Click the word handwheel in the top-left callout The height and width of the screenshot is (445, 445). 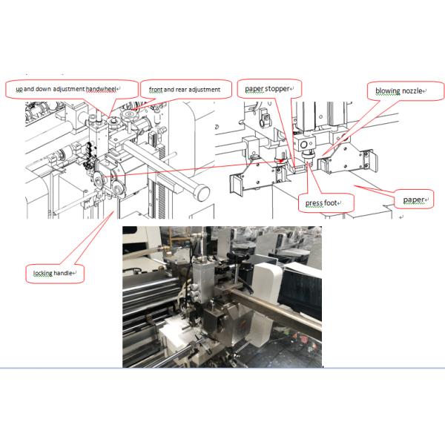pyautogui.click(x=101, y=89)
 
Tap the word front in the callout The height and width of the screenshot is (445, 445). pyautogui.click(x=156, y=90)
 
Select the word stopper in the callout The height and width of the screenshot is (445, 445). pyautogui.click(x=277, y=89)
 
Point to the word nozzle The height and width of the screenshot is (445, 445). pyautogui.click(x=412, y=91)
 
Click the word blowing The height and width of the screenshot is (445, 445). pyautogui.click(x=388, y=91)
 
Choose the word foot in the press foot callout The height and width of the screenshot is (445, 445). pyautogui.click(x=330, y=203)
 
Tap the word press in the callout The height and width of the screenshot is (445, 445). pyautogui.click(x=314, y=203)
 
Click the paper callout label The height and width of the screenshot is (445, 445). pyautogui.click(x=414, y=200)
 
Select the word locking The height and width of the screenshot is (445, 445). pyautogui.click(x=43, y=273)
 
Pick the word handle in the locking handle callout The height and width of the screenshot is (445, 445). pyautogui.click(x=63, y=273)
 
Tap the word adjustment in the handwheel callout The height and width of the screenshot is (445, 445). pyautogui.click(x=69, y=89)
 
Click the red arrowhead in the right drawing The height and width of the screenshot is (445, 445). pyautogui.click(x=280, y=161)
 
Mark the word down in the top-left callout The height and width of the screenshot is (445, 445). pyautogui.click(x=44, y=89)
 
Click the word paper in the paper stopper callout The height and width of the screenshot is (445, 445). pyautogui.click(x=254, y=89)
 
